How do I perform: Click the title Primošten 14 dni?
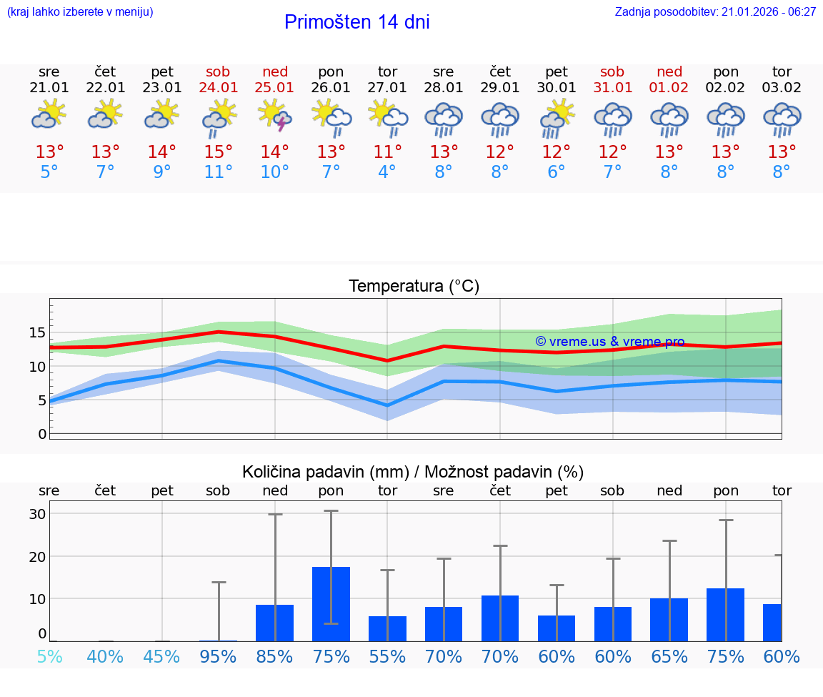pyautogui.click(x=356, y=22)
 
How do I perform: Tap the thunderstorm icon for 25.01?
pyautogui.click(x=275, y=117)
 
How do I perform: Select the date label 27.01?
pyautogui.click(x=387, y=88)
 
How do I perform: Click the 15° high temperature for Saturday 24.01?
pyautogui.click(x=219, y=152)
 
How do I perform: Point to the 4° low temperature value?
pyautogui.click(x=387, y=172)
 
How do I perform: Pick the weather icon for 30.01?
pyautogui.click(x=557, y=117)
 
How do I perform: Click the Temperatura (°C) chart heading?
pyautogui.click(x=414, y=287)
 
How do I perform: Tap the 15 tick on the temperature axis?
pyautogui.click(x=37, y=332)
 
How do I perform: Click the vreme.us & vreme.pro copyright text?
pyautogui.click(x=609, y=342)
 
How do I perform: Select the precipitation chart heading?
pyautogui.click(x=413, y=472)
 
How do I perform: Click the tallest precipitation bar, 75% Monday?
pyautogui.click(x=331, y=603)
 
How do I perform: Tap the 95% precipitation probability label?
pyautogui.click(x=219, y=656)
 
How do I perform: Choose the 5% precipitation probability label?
pyautogui.click(x=49, y=656)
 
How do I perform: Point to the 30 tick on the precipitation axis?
pyautogui.click(x=37, y=514)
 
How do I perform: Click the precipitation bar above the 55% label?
pyautogui.click(x=387, y=628)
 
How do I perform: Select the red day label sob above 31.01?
pyautogui.click(x=612, y=71)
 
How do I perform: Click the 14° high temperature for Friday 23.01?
pyautogui.click(x=162, y=152)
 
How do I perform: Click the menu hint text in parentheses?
pyautogui.click(x=79, y=11)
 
